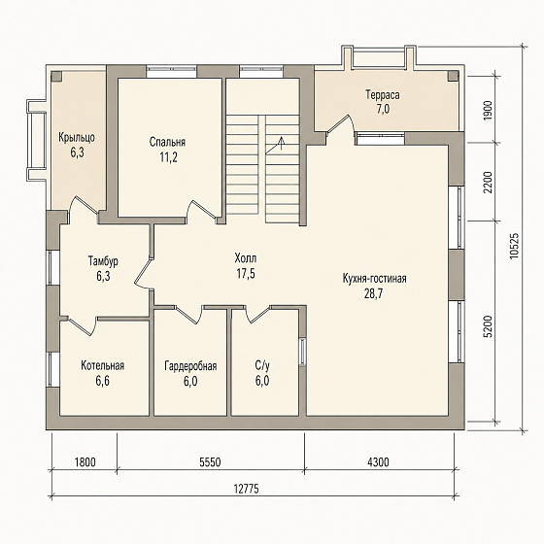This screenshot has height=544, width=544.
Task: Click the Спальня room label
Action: tap(167, 142)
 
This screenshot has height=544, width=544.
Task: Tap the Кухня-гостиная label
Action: tap(374, 279)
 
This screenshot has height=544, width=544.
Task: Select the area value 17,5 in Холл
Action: tap(246, 274)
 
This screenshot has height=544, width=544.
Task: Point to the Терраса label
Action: tap(383, 95)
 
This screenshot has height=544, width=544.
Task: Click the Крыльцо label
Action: tap(77, 138)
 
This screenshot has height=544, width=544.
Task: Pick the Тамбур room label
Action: tap(103, 261)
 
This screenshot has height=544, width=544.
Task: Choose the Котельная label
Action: tap(103, 365)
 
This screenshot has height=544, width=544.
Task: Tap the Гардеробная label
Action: tap(190, 366)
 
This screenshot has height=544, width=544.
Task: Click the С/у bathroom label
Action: tap(262, 365)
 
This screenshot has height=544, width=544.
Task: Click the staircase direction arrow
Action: tap(274, 146)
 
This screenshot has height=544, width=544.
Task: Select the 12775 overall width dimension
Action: tap(246, 489)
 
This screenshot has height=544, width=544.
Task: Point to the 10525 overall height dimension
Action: tap(514, 245)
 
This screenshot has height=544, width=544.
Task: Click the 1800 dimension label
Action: tap(85, 461)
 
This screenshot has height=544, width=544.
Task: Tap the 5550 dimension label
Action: tap(210, 461)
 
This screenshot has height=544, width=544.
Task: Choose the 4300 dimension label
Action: tap(378, 461)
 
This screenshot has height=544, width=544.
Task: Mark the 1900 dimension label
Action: tap(488, 110)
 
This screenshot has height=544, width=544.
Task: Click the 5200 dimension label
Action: tap(488, 326)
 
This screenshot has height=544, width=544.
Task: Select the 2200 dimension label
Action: tap(488, 183)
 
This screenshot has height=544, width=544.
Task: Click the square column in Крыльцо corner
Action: tap(56, 77)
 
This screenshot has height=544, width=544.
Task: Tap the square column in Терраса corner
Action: tap(453, 77)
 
